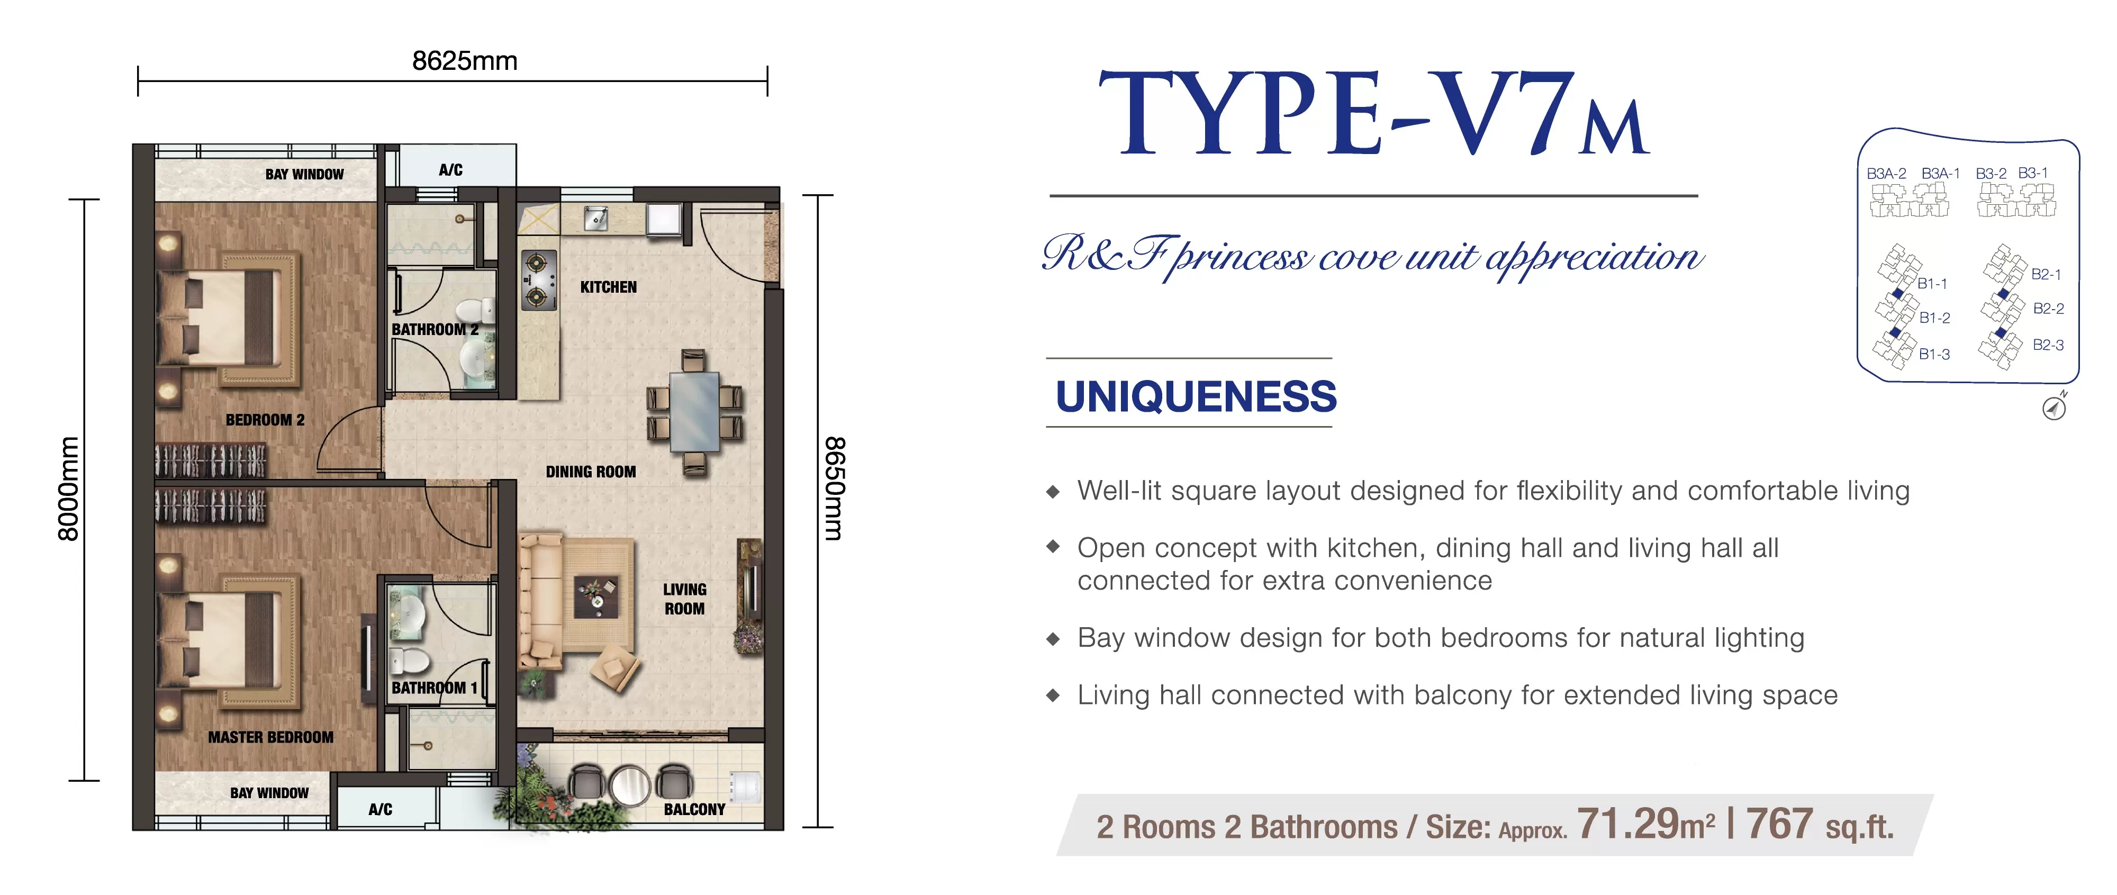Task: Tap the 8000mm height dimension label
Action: [68, 489]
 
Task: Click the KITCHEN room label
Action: [608, 287]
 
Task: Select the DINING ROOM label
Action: [591, 472]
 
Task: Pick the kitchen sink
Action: [596, 217]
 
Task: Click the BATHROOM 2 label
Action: [435, 330]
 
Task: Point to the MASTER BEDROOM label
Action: [270, 737]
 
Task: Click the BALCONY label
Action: [694, 810]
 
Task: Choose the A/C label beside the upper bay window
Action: [450, 170]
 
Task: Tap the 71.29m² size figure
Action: [1646, 824]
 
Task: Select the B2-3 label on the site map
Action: [2048, 345]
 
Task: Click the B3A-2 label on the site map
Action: [1886, 174]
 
